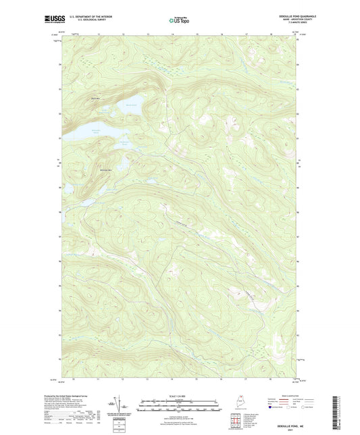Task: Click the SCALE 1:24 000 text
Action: (x=179, y=396)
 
